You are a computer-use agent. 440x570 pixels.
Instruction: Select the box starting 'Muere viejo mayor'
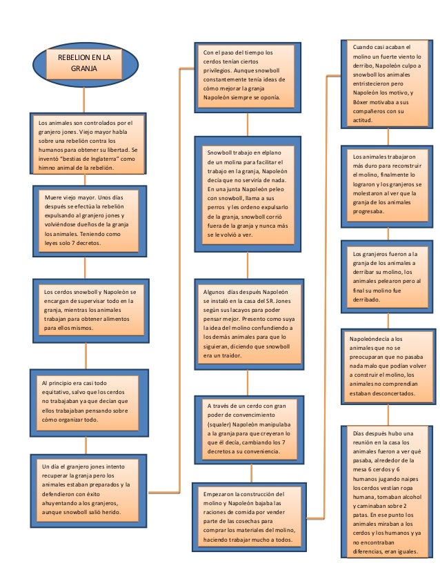pyautogui.click(x=90, y=221)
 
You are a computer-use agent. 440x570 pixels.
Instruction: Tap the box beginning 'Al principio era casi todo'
pyautogui.click(x=90, y=403)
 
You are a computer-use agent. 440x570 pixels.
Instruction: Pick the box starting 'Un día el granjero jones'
pyautogui.click(x=89, y=491)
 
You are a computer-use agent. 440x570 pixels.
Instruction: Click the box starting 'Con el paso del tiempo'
pyautogui.click(x=248, y=77)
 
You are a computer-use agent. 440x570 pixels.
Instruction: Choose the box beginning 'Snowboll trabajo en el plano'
pyautogui.click(x=248, y=194)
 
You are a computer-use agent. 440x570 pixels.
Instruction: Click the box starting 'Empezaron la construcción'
pyautogui.click(x=249, y=517)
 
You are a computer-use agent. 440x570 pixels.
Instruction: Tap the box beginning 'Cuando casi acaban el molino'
pyautogui.click(x=387, y=84)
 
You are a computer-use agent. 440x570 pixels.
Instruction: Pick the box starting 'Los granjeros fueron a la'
pyautogui.click(x=387, y=277)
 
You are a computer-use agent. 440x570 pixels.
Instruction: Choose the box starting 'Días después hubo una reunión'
pyautogui.click(x=387, y=492)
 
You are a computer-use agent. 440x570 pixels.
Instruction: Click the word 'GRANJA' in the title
pyautogui.click(x=84, y=69)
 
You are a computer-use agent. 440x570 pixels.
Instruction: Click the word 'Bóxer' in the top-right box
pyautogui.click(x=360, y=102)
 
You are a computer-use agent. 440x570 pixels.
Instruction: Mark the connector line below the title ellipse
pyautogui.click(x=84, y=100)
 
